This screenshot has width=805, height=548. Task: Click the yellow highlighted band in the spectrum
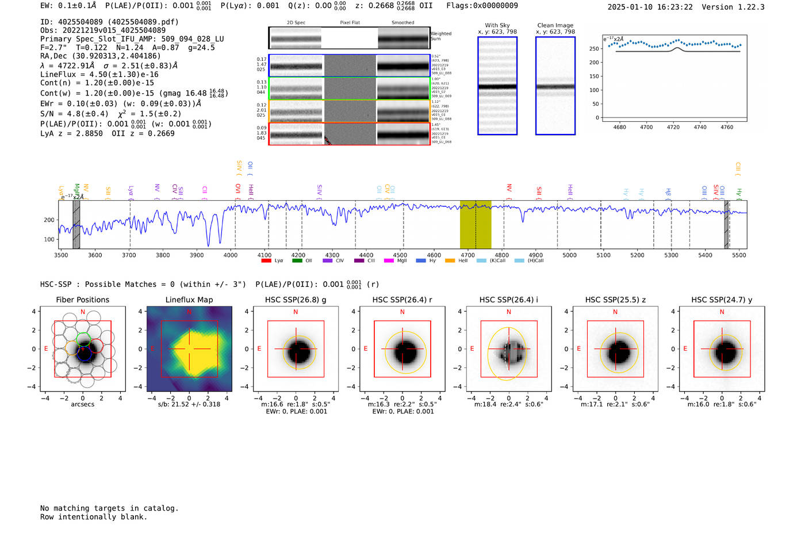tap(475, 224)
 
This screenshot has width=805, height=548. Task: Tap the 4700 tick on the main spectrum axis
tap(467, 255)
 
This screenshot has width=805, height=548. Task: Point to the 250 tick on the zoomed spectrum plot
tap(594, 49)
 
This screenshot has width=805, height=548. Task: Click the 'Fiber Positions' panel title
tap(82, 300)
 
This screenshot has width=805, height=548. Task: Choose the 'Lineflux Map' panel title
tap(189, 300)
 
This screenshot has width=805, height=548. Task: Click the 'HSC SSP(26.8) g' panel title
tap(296, 300)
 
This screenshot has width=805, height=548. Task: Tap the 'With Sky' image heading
tap(497, 25)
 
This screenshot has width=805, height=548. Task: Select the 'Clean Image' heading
tap(555, 25)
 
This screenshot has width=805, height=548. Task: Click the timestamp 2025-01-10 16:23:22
tap(650, 7)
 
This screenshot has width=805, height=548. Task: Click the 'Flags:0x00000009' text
tap(482, 6)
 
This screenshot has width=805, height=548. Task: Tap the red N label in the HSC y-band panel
tap(722, 312)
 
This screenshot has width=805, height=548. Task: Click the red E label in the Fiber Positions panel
tap(46, 348)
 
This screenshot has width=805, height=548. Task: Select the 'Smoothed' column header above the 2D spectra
tap(402, 23)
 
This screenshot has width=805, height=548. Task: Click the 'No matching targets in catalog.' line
tap(109, 508)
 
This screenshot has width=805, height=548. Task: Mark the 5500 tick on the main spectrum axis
tap(739, 255)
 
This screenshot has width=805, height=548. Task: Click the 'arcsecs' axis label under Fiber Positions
tap(82, 404)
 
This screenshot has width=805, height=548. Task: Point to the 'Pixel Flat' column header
tap(350, 23)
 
